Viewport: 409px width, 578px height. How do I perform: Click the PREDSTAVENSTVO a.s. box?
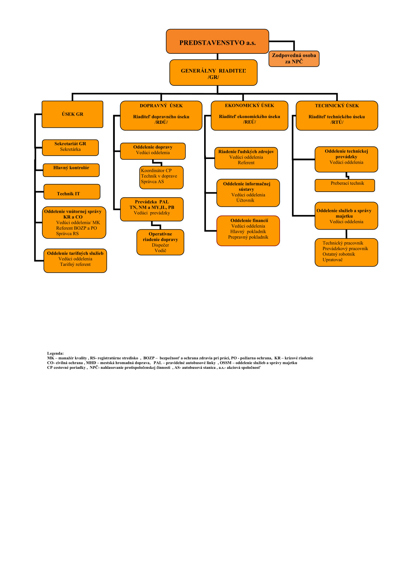click(x=217, y=41)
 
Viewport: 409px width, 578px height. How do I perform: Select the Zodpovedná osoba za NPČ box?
click(x=293, y=58)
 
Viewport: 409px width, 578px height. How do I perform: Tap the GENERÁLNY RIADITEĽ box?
click(x=213, y=72)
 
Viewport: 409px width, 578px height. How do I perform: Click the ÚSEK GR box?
click(x=72, y=114)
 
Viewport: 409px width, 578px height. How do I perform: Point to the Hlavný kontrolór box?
click(x=71, y=170)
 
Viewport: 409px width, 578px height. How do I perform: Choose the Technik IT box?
click(x=72, y=192)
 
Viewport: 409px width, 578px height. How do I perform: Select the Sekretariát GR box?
click(x=70, y=147)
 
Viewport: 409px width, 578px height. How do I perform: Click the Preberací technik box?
click(x=344, y=185)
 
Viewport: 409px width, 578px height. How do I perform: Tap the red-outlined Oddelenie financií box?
click(x=248, y=231)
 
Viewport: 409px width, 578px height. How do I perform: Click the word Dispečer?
click(x=160, y=245)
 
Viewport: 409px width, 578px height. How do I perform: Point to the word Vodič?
click(x=160, y=250)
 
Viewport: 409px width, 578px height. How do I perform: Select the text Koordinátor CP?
click(x=156, y=170)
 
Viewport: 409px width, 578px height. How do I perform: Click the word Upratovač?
click(x=332, y=260)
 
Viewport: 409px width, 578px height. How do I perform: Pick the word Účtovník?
click(x=245, y=201)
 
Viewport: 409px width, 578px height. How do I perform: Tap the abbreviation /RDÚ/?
click(x=161, y=122)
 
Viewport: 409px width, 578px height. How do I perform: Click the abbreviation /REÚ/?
click(x=249, y=122)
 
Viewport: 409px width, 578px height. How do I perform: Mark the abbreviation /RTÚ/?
click(x=337, y=122)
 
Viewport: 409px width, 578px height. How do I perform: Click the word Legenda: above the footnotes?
click(x=55, y=353)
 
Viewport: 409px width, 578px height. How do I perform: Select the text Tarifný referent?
click(x=75, y=264)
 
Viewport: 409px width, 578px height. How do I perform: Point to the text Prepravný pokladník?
click(x=248, y=237)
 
